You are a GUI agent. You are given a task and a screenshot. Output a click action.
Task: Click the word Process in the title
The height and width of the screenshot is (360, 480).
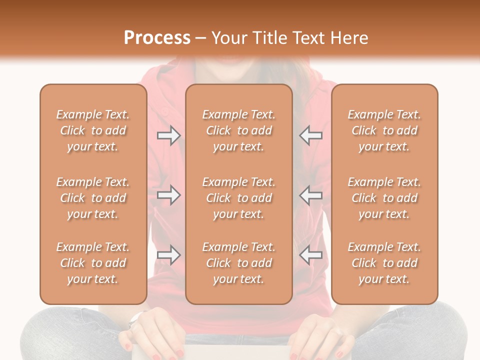pos(157,38)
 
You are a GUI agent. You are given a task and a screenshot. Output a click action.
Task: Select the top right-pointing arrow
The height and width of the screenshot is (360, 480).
pos(169,135)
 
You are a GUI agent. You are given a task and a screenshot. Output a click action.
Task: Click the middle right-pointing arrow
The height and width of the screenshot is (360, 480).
pos(169,195)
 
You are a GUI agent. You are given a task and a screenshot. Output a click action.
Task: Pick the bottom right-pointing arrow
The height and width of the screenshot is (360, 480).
pos(169,255)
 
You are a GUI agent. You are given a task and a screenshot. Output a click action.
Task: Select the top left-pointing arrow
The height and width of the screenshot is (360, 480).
pos(311,135)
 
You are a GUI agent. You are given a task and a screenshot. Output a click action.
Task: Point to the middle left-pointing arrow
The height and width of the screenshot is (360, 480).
pos(311,195)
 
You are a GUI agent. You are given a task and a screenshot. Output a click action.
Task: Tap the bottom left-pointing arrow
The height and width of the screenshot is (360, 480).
pos(311,255)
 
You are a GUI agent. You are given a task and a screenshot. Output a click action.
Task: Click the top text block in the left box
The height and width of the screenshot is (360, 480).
pos(93,130)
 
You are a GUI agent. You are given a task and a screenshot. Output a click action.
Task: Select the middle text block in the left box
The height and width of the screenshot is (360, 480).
pos(93,198)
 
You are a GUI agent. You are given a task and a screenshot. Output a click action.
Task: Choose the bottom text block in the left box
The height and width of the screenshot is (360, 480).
pos(93,263)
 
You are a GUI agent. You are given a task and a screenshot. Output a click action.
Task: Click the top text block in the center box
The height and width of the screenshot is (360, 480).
pos(238,130)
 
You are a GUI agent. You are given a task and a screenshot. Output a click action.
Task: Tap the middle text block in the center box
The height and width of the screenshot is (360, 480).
pos(238,198)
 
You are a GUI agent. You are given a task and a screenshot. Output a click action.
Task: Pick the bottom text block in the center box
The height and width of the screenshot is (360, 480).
pos(238,263)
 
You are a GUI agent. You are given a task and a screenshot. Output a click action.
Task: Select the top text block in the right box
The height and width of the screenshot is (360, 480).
pos(384,130)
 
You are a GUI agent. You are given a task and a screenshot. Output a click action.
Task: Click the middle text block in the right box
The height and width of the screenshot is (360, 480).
pos(384,198)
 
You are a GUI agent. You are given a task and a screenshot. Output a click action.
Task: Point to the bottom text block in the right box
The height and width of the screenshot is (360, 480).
pos(384,263)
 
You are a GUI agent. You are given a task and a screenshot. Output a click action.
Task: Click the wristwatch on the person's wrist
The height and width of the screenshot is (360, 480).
pos(135,319)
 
